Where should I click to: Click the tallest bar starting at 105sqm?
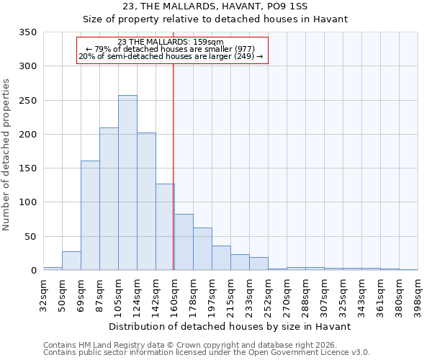(127, 183)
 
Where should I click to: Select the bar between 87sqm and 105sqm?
(109, 199)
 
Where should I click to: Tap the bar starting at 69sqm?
(90, 215)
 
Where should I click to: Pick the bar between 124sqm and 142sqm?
(146, 202)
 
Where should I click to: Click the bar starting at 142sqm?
(165, 227)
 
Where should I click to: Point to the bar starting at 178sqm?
(202, 249)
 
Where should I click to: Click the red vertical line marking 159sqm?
(174, 166)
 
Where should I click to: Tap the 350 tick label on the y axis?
(27, 32)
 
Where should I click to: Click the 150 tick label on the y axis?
(27, 168)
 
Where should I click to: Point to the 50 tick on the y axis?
(30, 237)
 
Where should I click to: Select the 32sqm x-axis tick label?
(44, 294)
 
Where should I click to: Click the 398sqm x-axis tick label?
(418, 294)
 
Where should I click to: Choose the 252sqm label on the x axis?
(269, 294)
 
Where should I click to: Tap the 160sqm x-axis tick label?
(175, 294)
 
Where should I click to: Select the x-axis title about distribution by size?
(230, 326)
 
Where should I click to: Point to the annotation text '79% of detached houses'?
(171, 49)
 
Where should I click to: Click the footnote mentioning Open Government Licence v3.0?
(207, 352)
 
